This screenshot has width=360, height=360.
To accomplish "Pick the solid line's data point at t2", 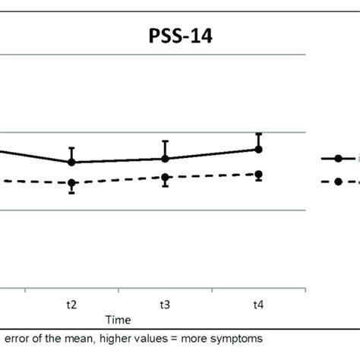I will (71, 162).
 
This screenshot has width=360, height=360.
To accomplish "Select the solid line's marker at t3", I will (165, 158).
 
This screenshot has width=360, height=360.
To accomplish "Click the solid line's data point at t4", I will (259, 149).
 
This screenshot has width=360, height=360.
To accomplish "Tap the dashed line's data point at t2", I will (71, 183).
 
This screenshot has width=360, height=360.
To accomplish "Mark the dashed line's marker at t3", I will (165, 177).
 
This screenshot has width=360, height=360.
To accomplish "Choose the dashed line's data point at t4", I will (259, 174).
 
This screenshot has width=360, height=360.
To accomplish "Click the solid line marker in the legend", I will (338, 158).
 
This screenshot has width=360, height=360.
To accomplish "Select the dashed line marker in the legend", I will (338, 182).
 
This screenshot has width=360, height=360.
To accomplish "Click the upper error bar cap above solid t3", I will (165, 141).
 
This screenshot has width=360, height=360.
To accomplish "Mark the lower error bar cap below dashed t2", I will (71, 193).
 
